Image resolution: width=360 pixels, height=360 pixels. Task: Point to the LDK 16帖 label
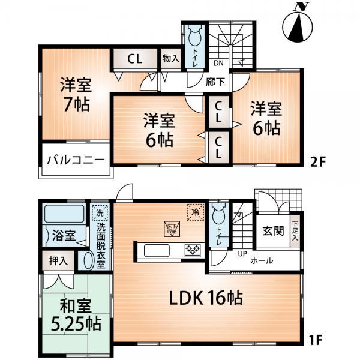[203, 298]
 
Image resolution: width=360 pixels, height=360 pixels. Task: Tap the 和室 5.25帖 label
[76, 316]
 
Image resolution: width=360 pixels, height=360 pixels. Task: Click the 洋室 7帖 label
[74, 94]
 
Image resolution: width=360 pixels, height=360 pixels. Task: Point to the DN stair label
[219, 62]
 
